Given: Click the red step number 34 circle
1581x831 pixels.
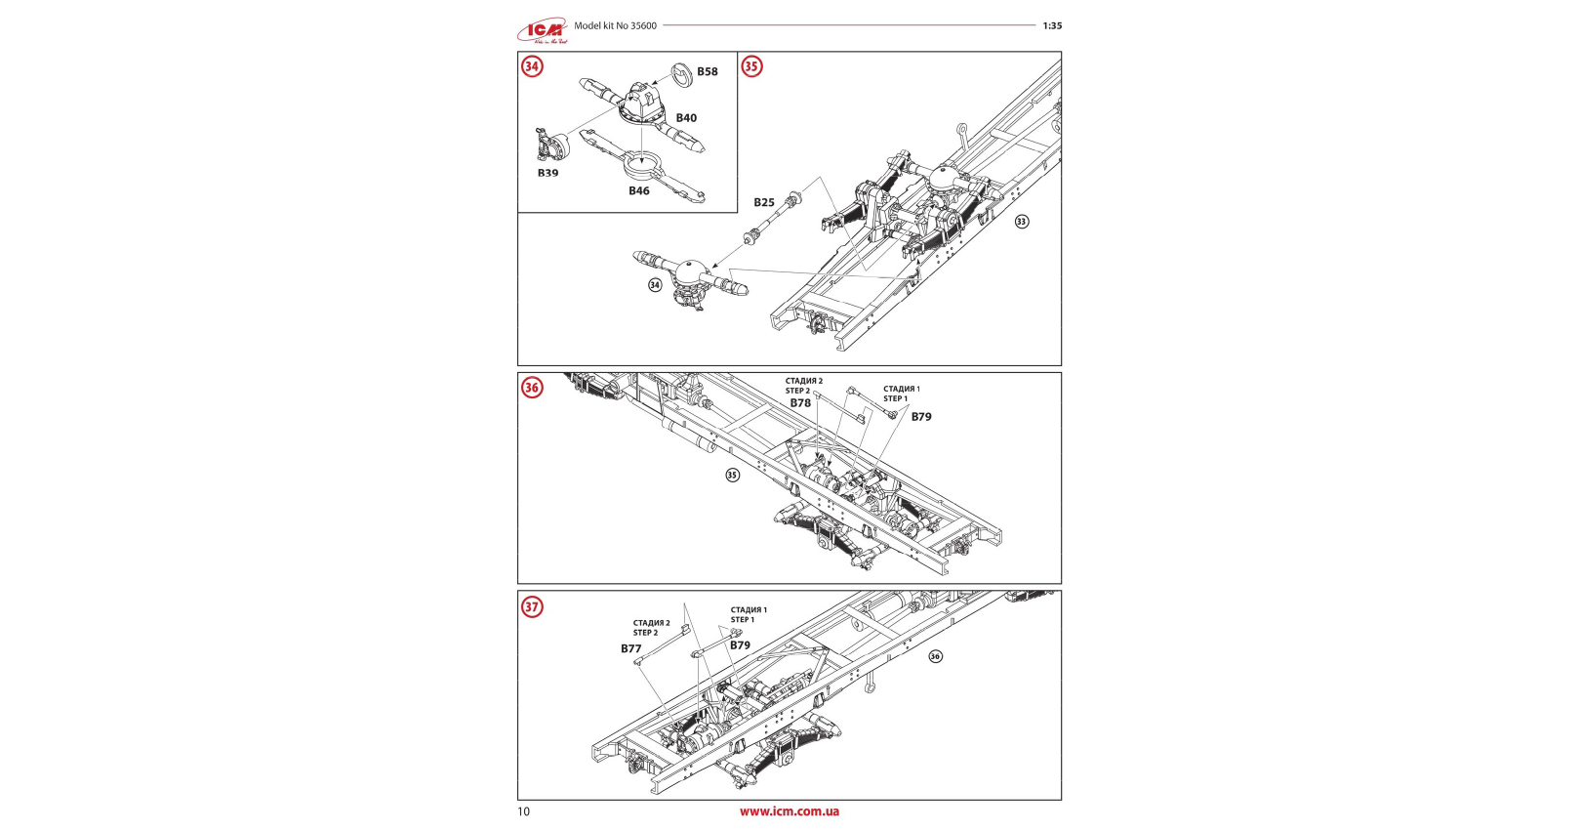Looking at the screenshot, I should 532,66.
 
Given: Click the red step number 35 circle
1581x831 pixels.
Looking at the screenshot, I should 751,66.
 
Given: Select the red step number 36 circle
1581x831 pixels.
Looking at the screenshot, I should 532,388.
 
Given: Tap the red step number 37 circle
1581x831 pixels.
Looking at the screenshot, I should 532,607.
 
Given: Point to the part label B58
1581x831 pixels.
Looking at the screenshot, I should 708,71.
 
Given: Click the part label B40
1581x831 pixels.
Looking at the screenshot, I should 687,118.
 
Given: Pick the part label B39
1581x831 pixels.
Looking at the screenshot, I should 548,173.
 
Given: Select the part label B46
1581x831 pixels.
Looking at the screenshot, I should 639,191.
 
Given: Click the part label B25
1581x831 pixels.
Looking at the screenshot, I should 764,203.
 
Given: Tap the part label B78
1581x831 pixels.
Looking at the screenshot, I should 800,403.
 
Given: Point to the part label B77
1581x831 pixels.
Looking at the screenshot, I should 631,649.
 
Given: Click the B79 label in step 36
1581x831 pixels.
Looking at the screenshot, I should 921,417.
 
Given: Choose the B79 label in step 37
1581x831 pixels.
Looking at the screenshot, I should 741,645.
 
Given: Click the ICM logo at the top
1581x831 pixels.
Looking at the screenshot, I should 543,31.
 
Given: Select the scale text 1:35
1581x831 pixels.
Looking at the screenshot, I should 1052,26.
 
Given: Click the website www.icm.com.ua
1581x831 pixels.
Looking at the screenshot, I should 789,811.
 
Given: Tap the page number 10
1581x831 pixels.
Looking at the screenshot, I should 524,812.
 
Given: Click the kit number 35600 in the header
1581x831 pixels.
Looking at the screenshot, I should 643,26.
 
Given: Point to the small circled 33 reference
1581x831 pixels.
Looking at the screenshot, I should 1022,222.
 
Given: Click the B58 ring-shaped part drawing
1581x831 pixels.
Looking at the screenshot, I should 682,72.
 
